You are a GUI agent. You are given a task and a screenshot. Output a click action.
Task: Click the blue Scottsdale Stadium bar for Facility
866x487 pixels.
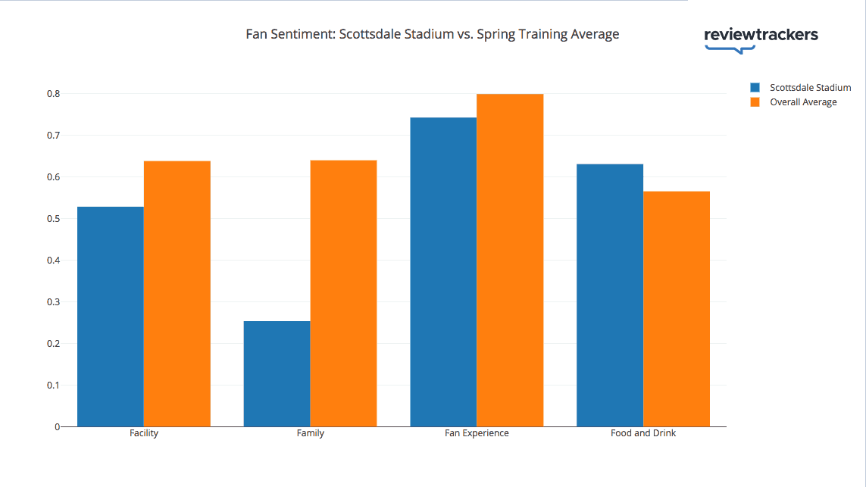click(x=111, y=317)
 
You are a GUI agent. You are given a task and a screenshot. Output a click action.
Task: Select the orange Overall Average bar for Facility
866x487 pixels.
click(x=177, y=294)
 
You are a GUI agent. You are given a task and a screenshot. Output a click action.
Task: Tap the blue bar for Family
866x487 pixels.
click(x=277, y=373)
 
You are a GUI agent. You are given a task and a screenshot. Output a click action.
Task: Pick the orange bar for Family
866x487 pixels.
click(x=344, y=293)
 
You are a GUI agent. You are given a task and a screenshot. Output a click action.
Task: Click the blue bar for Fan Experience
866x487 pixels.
click(x=444, y=272)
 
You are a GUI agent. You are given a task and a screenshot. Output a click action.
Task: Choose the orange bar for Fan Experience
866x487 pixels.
click(x=511, y=260)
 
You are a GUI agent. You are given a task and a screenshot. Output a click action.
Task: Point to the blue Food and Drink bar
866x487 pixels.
click(x=610, y=295)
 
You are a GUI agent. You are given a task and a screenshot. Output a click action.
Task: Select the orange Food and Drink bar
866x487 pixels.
click(x=677, y=309)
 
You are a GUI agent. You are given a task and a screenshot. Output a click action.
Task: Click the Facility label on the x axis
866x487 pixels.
click(x=144, y=434)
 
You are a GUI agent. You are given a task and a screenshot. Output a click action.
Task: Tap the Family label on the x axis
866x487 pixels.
click(x=311, y=434)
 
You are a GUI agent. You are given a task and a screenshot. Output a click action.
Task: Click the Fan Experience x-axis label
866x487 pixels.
click(x=477, y=434)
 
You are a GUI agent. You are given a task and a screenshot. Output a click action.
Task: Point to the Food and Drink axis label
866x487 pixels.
click(x=643, y=434)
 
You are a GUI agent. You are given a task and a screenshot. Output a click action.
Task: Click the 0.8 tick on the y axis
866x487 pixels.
click(x=53, y=94)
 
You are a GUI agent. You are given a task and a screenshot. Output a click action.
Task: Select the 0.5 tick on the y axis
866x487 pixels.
click(x=53, y=219)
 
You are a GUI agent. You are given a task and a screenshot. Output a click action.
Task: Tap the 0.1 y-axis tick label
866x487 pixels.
click(x=53, y=386)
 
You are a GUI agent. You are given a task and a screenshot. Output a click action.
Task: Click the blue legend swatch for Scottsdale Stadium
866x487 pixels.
click(x=755, y=88)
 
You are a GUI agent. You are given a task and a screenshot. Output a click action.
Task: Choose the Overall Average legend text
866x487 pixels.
click(x=803, y=102)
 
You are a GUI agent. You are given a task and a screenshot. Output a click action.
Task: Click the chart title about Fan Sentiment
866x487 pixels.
click(x=433, y=34)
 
